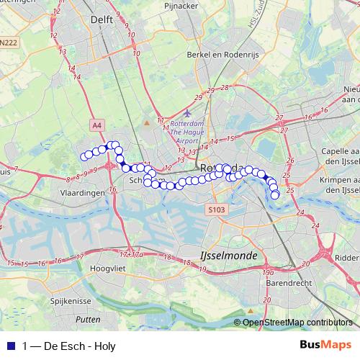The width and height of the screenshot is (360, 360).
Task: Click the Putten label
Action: point(88,318)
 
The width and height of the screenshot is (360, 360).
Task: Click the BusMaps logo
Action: point(325,345)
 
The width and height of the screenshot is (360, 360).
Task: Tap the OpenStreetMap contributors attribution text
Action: point(297,323)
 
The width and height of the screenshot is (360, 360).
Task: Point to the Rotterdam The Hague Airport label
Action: point(187,132)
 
